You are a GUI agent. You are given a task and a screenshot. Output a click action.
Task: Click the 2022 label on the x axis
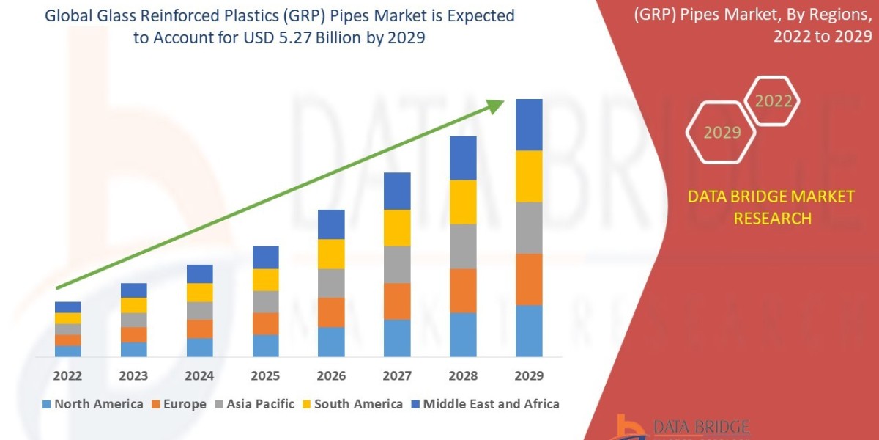[67, 375]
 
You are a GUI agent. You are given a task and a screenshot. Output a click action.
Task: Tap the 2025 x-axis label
[265, 375]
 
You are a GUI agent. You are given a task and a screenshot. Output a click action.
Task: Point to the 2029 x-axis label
[529, 375]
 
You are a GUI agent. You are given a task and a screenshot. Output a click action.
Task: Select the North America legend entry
[93, 404]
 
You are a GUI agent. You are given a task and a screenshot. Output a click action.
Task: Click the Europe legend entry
[180, 404]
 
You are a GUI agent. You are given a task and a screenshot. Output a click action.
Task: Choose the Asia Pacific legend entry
[254, 404]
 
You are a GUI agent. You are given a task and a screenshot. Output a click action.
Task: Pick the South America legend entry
[352, 404]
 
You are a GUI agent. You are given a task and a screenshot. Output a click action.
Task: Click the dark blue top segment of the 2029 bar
[529, 125]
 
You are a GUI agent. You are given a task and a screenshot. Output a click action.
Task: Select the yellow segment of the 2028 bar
[463, 202]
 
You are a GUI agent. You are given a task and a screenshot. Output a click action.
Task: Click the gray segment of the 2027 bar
[397, 264]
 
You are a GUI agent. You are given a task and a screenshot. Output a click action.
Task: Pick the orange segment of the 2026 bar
[331, 312]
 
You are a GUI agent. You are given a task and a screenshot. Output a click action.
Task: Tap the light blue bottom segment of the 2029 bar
[529, 330]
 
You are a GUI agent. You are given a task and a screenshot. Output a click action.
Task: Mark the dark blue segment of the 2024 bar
[199, 274]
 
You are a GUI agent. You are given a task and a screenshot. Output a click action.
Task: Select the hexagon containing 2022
[774, 101]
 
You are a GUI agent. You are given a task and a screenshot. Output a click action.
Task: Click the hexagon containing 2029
[722, 133]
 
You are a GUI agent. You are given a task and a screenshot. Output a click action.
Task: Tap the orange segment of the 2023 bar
[133, 334]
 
